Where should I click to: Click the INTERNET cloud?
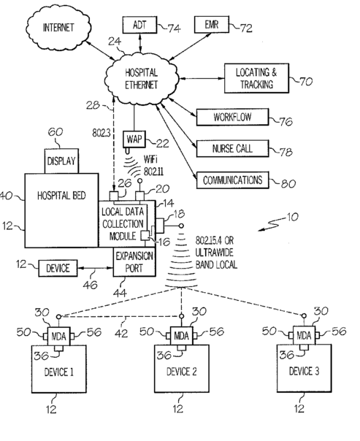(x=58, y=27)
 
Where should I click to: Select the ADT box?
(x=139, y=25)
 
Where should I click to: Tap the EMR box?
(x=212, y=25)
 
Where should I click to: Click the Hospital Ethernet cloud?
(x=142, y=79)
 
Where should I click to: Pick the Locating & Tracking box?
(x=256, y=78)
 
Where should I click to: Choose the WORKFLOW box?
(x=232, y=117)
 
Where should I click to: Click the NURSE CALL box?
(x=232, y=148)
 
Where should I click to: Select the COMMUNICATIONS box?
(x=232, y=180)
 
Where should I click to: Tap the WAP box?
(x=134, y=139)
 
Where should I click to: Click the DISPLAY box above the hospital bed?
(x=61, y=161)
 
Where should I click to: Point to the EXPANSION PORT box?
(x=134, y=262)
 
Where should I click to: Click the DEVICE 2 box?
(x=181, y=369)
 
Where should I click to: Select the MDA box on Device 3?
(x=304, y=335)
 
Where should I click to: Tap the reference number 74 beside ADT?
(x=174, y=28)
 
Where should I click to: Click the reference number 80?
(x=288, y=183)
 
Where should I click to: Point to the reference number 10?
(x=292, y=217)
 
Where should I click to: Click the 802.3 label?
(x=102, y=133)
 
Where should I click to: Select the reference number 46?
(x=91, y=285)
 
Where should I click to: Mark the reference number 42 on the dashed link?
(x=121, y=334)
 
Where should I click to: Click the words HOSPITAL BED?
(x=61, y=196)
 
